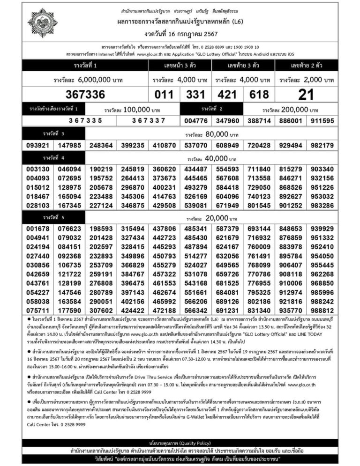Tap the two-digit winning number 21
(x=306, y=95)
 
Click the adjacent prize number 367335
(x=86, y=121)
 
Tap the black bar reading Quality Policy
(x=180, y=442)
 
